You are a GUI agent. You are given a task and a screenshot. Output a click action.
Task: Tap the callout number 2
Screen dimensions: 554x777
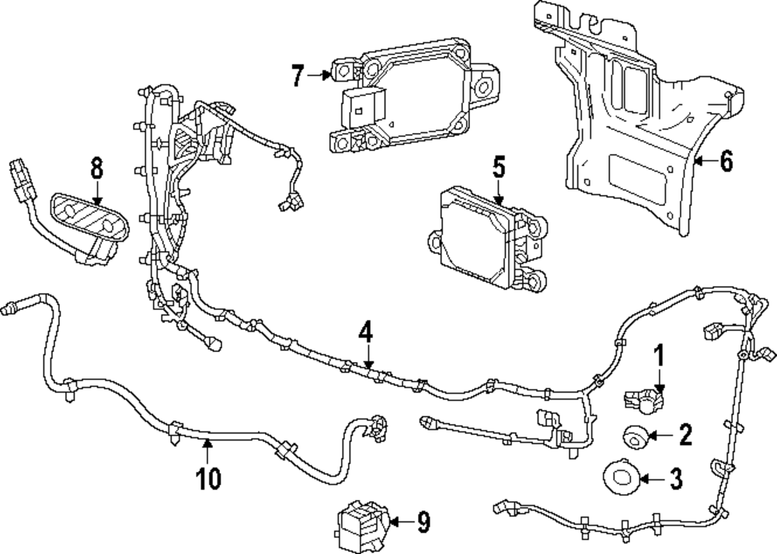[x=685, y=434]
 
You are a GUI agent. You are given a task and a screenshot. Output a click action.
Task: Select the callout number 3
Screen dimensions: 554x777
[x=676, y=478]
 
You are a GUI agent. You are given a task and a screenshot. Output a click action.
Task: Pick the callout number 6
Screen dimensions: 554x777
[x=725, y=161]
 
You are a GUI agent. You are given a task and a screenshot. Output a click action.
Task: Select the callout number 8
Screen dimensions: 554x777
[x=96, y=167]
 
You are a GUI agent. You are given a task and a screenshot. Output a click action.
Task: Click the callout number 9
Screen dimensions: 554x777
[x=423, y=523]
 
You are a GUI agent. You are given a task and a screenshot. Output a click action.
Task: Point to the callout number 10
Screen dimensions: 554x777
[x=209, y=476]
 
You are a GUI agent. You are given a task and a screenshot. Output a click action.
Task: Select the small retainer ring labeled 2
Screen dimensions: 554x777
[x=636, y=436]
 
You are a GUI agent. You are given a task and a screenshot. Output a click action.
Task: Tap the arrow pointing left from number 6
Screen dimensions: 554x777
[x=702, y=162]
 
